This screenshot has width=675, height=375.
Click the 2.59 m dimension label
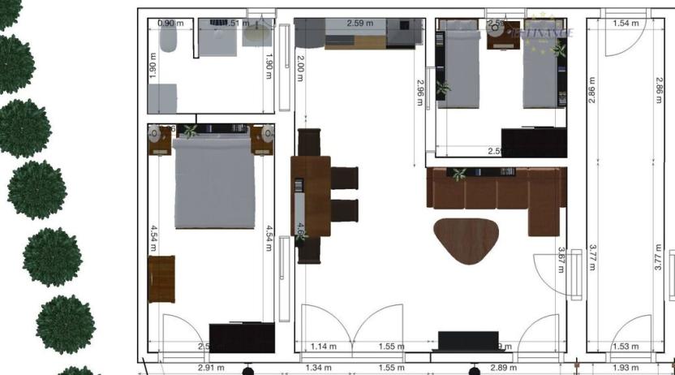tap(359, 24)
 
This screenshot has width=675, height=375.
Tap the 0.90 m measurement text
tap(170, 24)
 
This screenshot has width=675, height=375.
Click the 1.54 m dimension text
tap(626, 24)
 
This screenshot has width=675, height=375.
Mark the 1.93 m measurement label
tap(626, 369)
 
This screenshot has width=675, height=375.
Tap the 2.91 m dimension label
tap(210, 369)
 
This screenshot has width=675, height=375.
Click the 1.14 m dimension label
tap(323, 347)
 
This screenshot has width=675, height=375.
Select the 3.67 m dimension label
tap(561, 260)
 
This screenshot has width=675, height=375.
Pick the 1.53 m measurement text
tap(626, 347)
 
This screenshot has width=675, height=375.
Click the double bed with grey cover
tap(214, 183)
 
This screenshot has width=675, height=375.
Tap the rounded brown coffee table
tap(467, 240)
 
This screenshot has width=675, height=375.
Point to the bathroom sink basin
tap(257, 32)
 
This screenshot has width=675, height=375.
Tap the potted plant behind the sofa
tap(460, 174)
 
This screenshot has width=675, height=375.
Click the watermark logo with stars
tap(539, 33)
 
